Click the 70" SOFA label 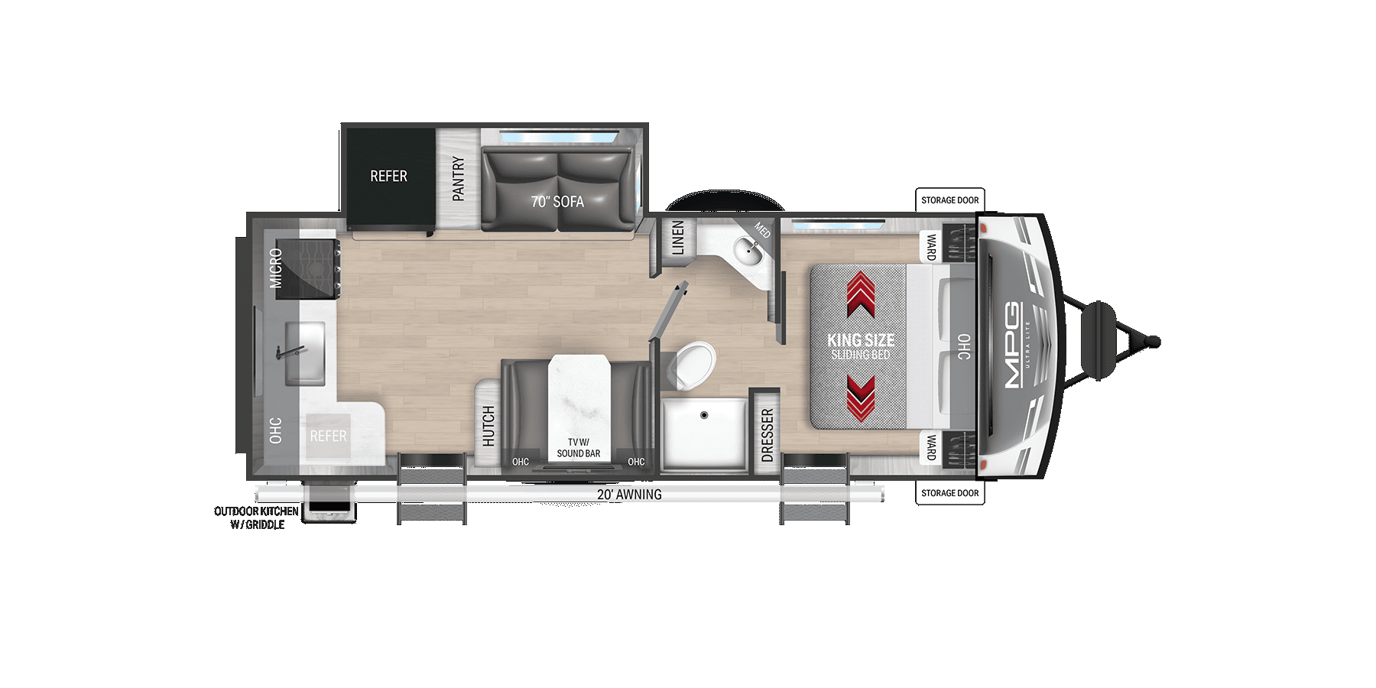click(557, 202)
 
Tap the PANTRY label click(458, 179)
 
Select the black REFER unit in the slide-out click(388, 177)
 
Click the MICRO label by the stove click(276, 268)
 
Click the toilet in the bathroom click(693, 362)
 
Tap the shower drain click(704, 415)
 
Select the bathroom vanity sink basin click(747, 250)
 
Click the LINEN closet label click(677, 238)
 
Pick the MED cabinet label click(762, 229)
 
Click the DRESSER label click(768, 435)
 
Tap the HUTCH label click(488, 426)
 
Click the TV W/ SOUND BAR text click(579, 448)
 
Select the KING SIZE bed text click(861, 340)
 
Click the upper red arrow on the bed click(862, 294)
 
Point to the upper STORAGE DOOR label click(949, 200)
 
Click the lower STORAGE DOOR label click(949, 493)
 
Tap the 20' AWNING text click(629, 495)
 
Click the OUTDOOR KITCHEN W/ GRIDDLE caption click(257, 518)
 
